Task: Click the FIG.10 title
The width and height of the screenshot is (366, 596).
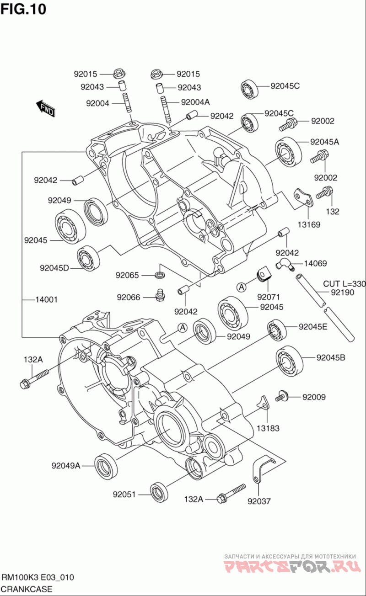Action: click(23, 9)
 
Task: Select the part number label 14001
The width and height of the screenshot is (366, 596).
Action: click(46, 300)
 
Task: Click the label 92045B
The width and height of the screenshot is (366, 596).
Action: click(330, 358)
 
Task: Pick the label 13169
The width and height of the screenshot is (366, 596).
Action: click(309, 224)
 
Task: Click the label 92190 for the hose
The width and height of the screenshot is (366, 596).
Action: click(342, 293)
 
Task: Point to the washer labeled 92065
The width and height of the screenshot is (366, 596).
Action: click(160, 275)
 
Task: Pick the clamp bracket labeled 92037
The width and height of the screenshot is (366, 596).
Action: click(261, 468)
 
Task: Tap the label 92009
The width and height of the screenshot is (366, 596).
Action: click(314, 397)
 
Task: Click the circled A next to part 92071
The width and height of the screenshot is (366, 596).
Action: click(242, 287)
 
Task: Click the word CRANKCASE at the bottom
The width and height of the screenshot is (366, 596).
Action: click(27, 589)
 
